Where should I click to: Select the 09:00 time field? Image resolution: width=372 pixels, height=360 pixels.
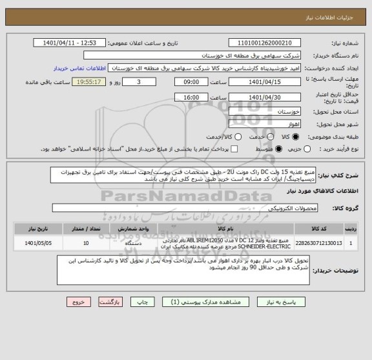tap(191, 83)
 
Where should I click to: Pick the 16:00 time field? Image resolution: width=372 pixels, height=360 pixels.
tap(191, 97)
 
